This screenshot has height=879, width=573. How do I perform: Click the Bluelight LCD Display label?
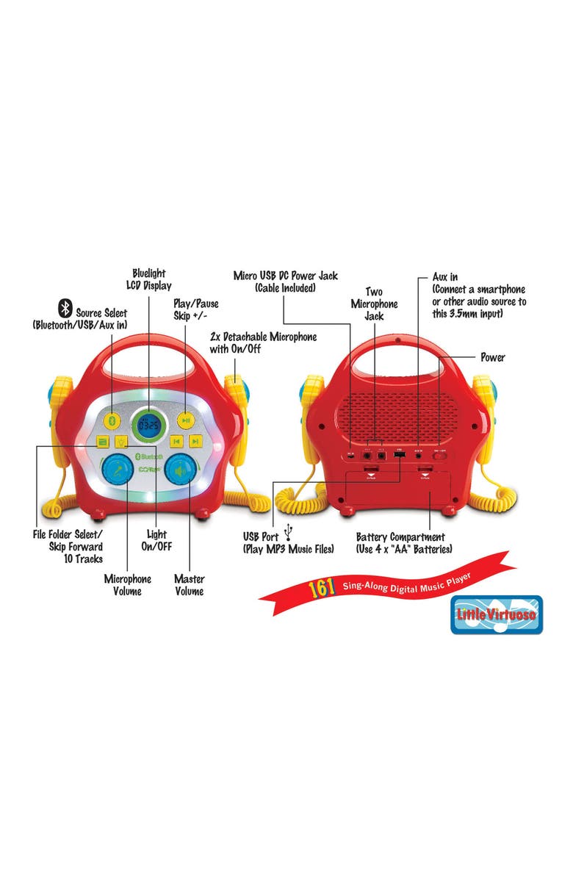tap(148, 279)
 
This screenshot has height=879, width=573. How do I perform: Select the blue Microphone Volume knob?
tap(116, 468)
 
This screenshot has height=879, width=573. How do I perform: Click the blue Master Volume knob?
tap(181, 468)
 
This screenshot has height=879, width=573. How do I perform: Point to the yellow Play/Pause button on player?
tap(187, 420)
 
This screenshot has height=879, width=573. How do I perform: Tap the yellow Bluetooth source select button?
tap(112, 420)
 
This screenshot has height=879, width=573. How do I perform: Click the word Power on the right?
tap(493, 358)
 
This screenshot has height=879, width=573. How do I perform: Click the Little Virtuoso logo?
tap(496, 614)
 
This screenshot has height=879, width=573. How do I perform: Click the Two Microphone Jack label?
tap(374, 304)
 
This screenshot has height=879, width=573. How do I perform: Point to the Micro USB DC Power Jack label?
tap(285, 281)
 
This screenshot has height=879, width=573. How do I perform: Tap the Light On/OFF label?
tap(156, 540)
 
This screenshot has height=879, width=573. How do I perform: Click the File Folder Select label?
tap(70, 546)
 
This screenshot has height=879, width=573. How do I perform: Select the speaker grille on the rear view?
tap(398, 412)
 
